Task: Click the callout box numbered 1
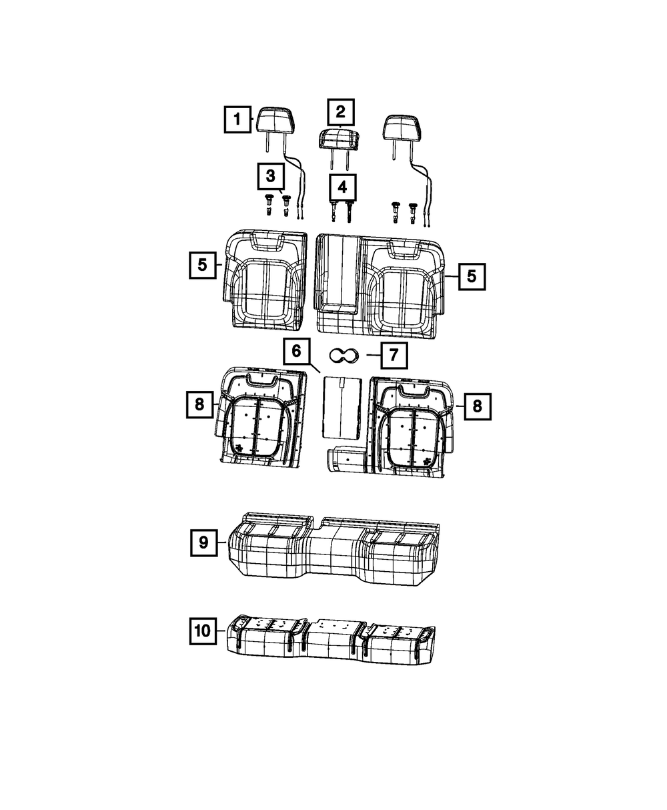pyautogui.click(x=237, y=119)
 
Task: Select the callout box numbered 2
pyautogui.click(x=340, y=112)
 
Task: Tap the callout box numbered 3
pyautogui.click(x=271, y=177)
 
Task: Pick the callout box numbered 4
pyautogui.click(x=342, y=187)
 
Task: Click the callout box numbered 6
pyautogui.click(x=296, y=352)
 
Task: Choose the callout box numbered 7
pyautogui.click(x=394, y=355)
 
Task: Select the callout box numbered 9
pyautogui.click(x=204, y=542)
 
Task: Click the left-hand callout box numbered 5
pyautogui.click(x=203, y=266)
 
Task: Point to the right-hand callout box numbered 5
pyautogui.click(x=472, y=277)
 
